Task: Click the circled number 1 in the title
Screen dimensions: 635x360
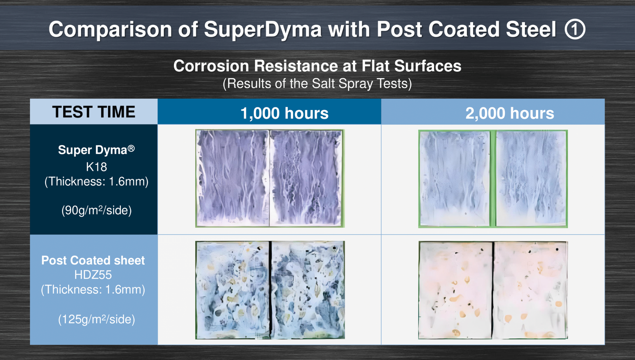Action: pos(575,29)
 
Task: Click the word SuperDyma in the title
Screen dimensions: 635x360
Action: pos(263,30)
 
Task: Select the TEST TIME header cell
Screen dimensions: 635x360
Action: pos(94,112)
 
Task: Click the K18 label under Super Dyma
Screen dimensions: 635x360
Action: pos(97,167)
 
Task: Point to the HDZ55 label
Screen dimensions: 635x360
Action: pos(93,275)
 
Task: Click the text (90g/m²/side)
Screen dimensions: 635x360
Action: pos(97,210)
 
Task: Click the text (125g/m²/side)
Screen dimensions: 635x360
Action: pos(97,319)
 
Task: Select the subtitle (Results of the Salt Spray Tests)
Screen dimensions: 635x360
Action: pos(317,84)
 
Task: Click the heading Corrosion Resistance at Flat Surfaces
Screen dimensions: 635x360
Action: pos(317,66)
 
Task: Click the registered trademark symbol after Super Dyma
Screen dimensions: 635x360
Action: pos(131,148)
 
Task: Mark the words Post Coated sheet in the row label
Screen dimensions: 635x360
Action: pos(93,260)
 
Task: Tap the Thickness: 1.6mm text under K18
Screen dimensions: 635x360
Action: pos(97,181)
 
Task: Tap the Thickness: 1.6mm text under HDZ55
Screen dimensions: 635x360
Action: pos(93,289)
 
